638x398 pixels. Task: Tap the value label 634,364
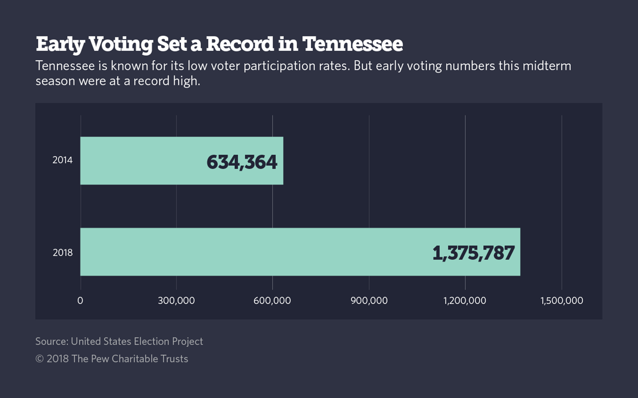pos(242,162)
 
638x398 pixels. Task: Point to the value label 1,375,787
pos(473,253)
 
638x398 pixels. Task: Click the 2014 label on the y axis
pos(62,160)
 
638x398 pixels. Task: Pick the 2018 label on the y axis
pos(62,253)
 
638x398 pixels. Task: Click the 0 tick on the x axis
pos(80,300)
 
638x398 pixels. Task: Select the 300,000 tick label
pos(177,300)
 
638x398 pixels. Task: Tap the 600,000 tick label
pos(272,300)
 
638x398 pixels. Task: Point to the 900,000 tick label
pos(369,300)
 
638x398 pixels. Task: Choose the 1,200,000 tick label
pos(465,300)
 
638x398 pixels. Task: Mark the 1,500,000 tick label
pos(562,300)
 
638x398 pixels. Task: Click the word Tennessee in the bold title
pos(353,44)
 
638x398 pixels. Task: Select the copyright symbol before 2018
pos(40,359)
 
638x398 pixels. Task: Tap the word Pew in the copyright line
pos(99,359)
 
